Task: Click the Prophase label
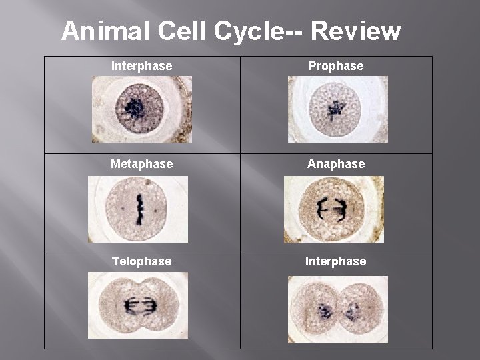point(335,66)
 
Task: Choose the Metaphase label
point(141,163)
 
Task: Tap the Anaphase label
point(336,163)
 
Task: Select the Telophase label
point(141,261)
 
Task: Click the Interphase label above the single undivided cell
point(141,66)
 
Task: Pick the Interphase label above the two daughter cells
point(335,261)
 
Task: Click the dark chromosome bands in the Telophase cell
point(138,307)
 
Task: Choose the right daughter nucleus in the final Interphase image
point(352,311)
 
